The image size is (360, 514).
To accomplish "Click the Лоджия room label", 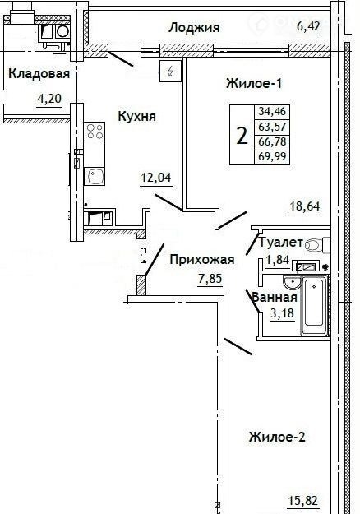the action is click(x=194, y=28).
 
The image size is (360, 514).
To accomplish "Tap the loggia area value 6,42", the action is click(x=308, y=27).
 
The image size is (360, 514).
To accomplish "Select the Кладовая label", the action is click(x=39, y=73).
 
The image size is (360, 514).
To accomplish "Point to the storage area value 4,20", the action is click(x=49, y=98).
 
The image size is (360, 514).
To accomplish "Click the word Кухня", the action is click(x=137, y=116).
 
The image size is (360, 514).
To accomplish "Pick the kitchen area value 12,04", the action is click(x=156, y=178).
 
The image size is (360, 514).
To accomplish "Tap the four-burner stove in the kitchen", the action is click(x=95, y=132).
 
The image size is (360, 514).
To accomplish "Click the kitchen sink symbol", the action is click(x=95, y=176).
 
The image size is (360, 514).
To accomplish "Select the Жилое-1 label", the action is click(x=254, y=84).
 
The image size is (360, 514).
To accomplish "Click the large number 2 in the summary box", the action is click(x=242, y=135).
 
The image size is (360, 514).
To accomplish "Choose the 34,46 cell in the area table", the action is click(x=272, y=112).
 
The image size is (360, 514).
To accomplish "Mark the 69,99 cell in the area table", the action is click(x=272, y=156).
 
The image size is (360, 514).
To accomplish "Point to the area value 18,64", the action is click(x=305, y=206).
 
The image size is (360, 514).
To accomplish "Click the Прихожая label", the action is click(x=202, y=260).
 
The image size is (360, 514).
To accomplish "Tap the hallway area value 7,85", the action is click(x=210, y=279).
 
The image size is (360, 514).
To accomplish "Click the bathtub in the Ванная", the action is click(x=314, y=305).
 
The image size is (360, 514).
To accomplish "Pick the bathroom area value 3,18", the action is click(x=282, y=313).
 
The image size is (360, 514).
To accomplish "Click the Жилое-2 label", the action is click(x=277, y=437).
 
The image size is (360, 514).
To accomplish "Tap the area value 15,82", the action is click(x=303, y=501).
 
